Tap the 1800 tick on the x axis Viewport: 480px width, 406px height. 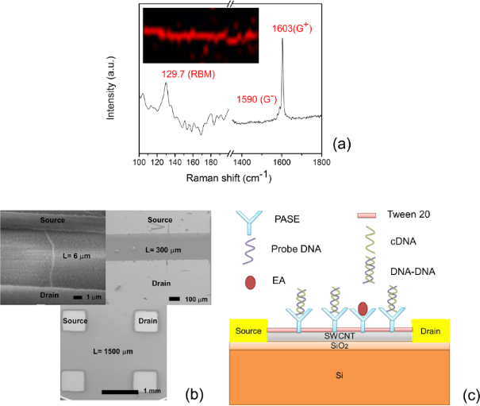(x=321, y=162)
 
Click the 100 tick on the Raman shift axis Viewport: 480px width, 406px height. (x=140, y=162)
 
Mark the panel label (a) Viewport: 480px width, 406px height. (x=342, y=144)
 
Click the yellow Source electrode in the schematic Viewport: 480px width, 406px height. (x=247, y=330)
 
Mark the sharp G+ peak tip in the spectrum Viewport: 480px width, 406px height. (x=283, y=40)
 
